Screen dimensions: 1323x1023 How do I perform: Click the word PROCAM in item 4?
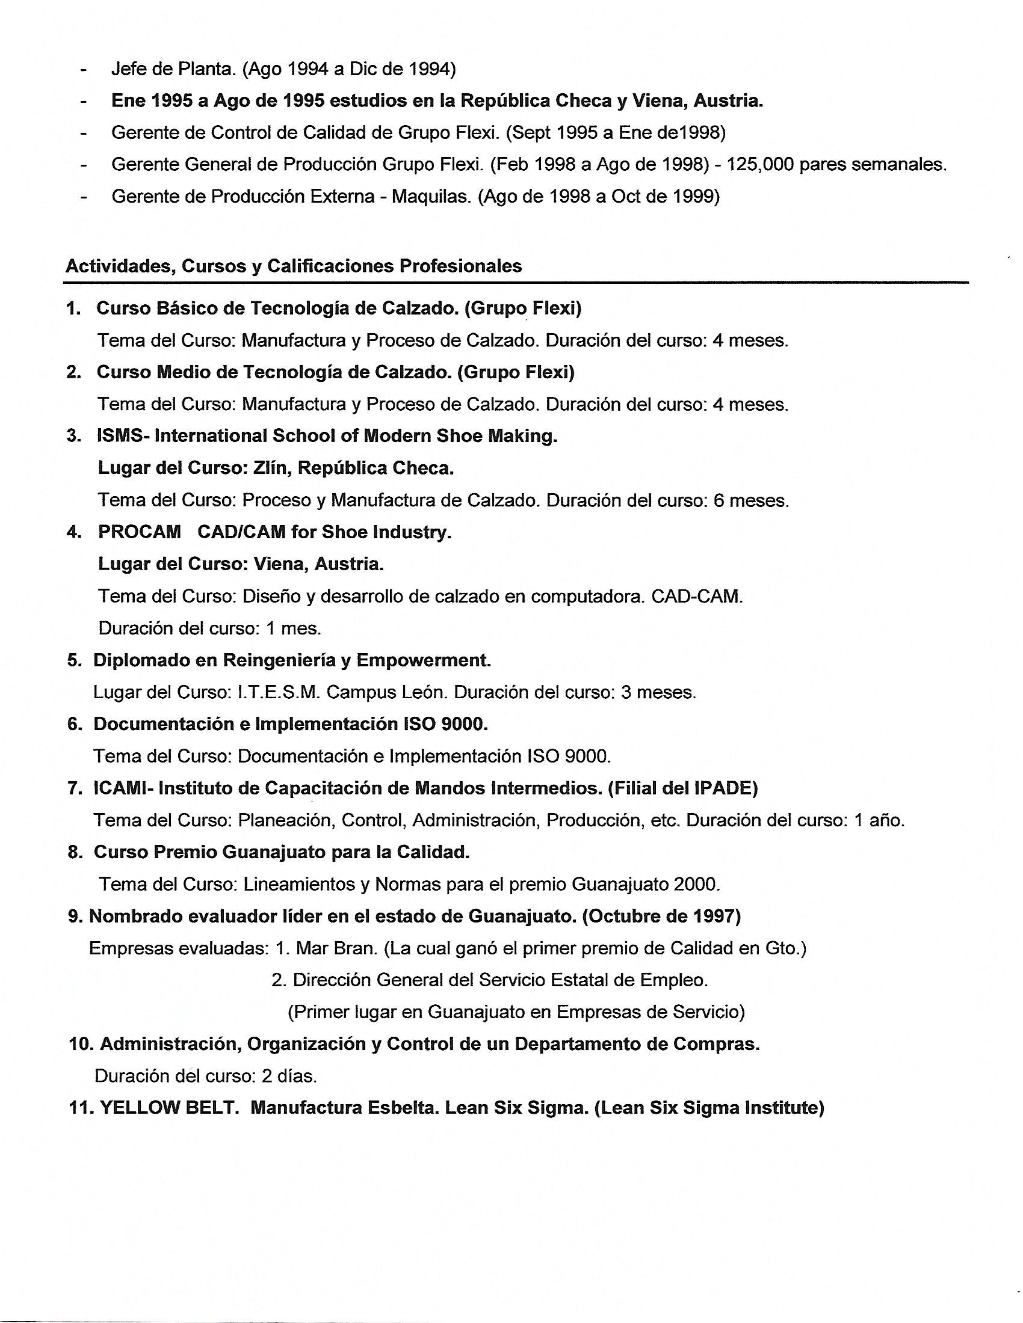[140, 532]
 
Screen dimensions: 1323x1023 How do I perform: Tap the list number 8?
[75, 852]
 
